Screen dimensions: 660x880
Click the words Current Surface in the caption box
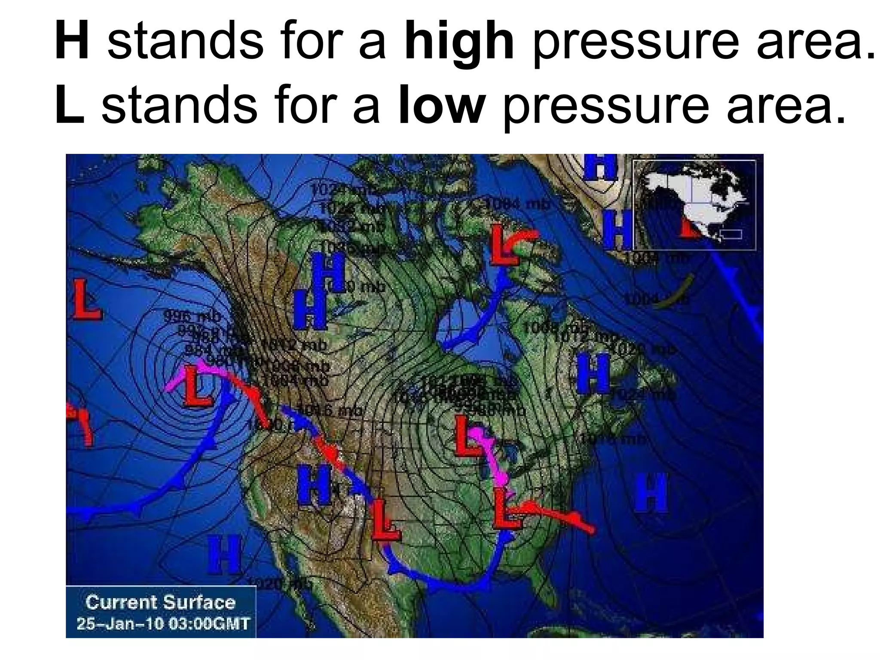[x=160, y=602]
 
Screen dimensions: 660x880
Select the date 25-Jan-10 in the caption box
[x=120, y=623]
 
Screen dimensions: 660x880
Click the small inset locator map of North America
[x=694, y=205]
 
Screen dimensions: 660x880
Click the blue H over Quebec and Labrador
[x=593, y=373]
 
